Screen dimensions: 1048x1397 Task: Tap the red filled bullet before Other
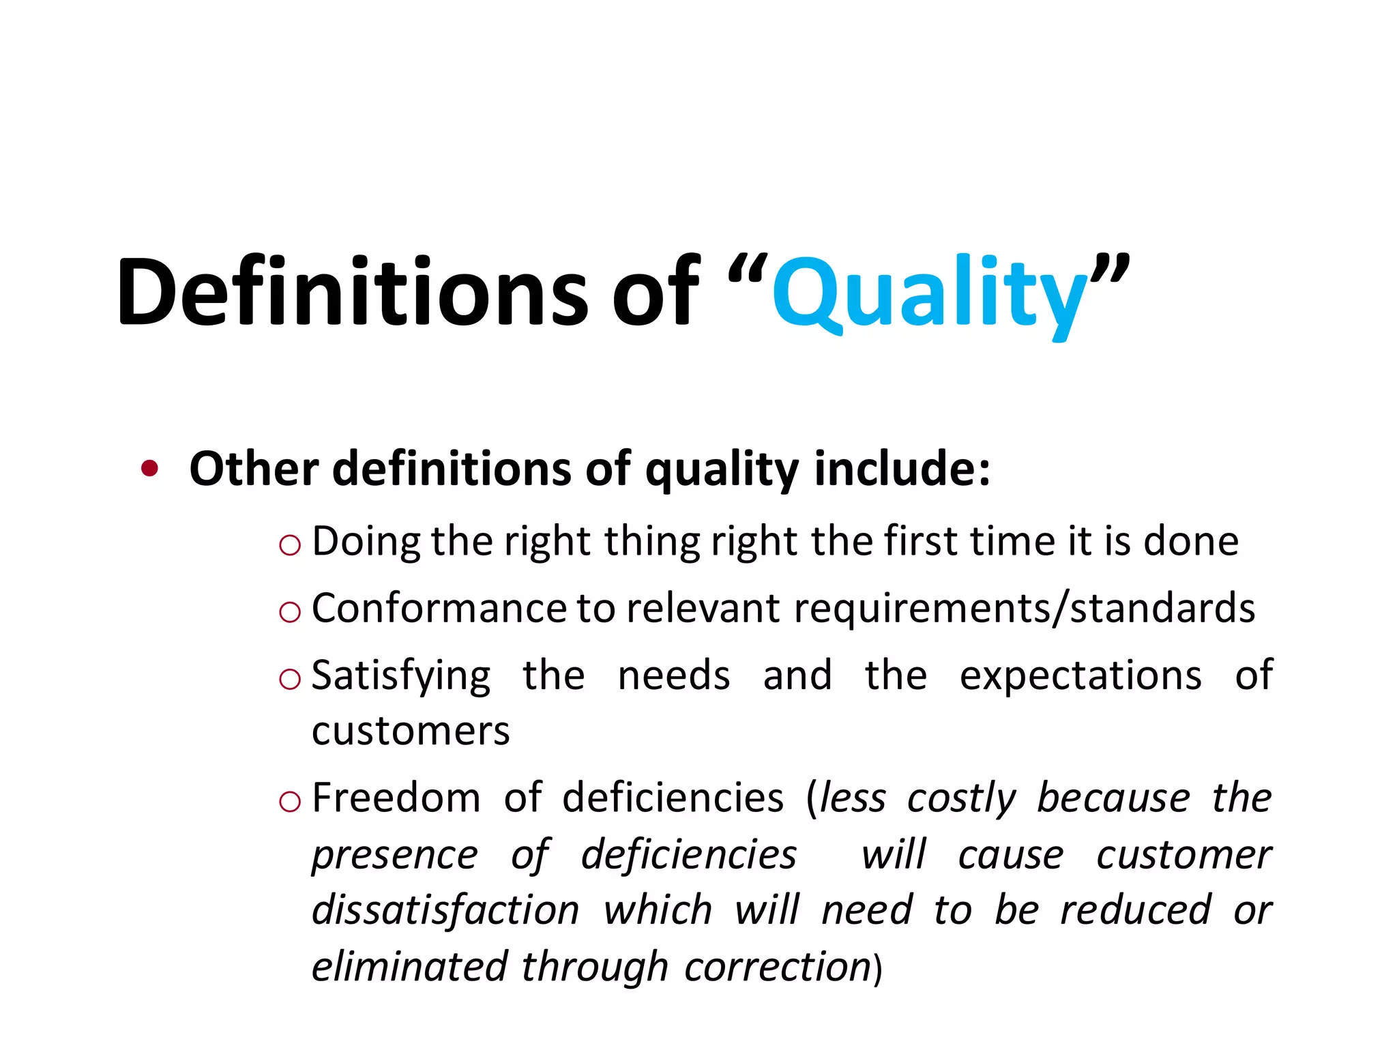tap(149, 469)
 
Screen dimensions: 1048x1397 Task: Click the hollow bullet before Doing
tap(290, 544)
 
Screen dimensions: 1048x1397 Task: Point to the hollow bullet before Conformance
tap(290, 611)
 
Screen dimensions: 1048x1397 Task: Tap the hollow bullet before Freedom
tap(290, 801)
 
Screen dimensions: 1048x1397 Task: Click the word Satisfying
tap(401, 676)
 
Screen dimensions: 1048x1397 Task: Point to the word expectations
tap(1080, 675)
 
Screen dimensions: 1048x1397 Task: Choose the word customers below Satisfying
tap(411, 731)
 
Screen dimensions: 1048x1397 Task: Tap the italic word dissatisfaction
tap(445, 910)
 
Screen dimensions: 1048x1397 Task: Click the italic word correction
tap(778, 966)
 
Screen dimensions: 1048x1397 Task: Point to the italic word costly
tap(962, 798)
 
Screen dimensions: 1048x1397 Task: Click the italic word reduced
tap(1136, 910)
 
